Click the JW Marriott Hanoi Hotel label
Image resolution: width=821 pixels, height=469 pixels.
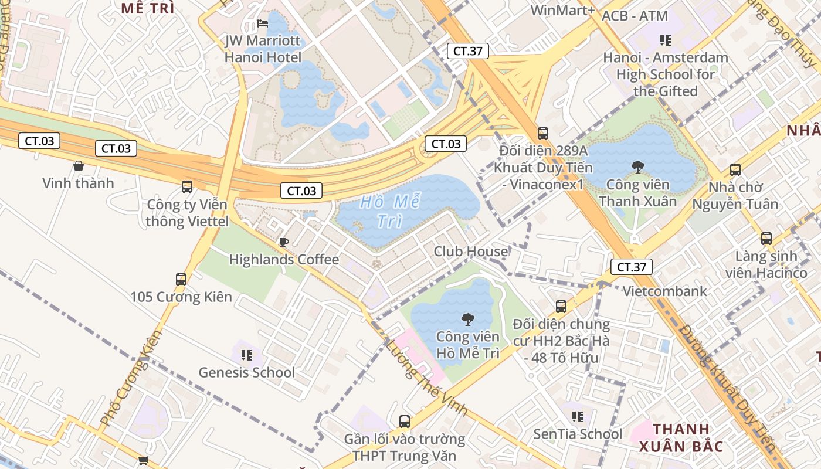click(x=263, y=49)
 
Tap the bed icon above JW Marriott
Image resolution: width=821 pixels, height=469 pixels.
click(x=263, y=24)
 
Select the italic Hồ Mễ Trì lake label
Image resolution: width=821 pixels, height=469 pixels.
click(x=390, y=212)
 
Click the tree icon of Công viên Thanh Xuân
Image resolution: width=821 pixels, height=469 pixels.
click(x=637, y=167)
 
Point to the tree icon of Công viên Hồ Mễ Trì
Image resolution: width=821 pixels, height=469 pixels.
click(x=467, y=320)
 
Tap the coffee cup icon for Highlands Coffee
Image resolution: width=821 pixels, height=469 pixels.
click(x=284, y=242)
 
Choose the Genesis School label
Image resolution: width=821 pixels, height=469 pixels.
click(x=246, y=372)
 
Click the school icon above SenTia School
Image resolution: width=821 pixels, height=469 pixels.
click(x=578, y=417)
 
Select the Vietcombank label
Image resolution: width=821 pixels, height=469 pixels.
click(x=664, y=291)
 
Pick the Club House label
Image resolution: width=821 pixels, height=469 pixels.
click(x=471, y=252)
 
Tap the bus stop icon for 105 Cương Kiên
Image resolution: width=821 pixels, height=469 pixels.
click(x=181, y=280)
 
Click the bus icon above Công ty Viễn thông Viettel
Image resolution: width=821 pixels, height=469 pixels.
click(x=187, y=187)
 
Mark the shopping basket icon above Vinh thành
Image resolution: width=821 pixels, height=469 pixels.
click(x=78, y=166)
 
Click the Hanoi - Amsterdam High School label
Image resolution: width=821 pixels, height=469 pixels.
click(x=666, y=74)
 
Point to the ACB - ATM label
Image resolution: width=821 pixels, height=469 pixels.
click(x=635, y=16)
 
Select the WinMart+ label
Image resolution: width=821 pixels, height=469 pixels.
click(x=562, y=10)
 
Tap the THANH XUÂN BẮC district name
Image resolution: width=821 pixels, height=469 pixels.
click(x=681, y=437)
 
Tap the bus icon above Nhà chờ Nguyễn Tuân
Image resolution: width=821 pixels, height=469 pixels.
click(x=735, y=170)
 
